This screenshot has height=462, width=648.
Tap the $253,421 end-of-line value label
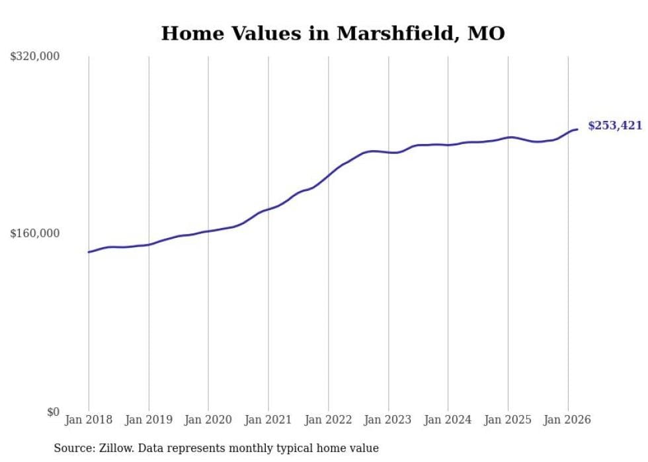pyautogui.click(x=614, y=126)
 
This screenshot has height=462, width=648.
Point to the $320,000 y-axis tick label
pyautogui.click(x=35, y=57)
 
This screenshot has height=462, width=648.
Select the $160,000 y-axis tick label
pyautogui.click(x=35, y=233)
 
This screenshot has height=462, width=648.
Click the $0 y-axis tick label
pyautogui.click(x=53, y=412)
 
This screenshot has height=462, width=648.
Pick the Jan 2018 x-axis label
pyautogui.click(x=89, y=420)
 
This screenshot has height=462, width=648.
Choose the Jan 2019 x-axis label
pyautogui.click(x=149, y=420)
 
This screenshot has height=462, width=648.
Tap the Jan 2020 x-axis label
pyautogui.click(x=208, y=420)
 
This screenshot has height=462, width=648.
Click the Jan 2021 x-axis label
pyautogui.click(x=268, y=420)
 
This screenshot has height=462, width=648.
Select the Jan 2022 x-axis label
pyautogui.click(x=328, y=420)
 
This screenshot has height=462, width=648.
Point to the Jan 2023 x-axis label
pyautogui.click(x=388, y=420)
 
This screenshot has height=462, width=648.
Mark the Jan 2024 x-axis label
pyautogui.click(x=448, y=420)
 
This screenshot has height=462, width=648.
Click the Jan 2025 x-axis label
pyautogui.click(x=508, y=420)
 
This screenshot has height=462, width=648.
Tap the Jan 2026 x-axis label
pyautogui.click(x=567, y=420)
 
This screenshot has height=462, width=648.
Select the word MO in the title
pyautogui.click(x=486, y=34)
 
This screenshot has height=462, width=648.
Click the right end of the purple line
pyautogui.click(x=577, y=130)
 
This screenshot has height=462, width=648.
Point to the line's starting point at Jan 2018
pyautogui.click(x=89, y=252)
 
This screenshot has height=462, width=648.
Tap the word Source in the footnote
pyautogui.click(x=73, y=448)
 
